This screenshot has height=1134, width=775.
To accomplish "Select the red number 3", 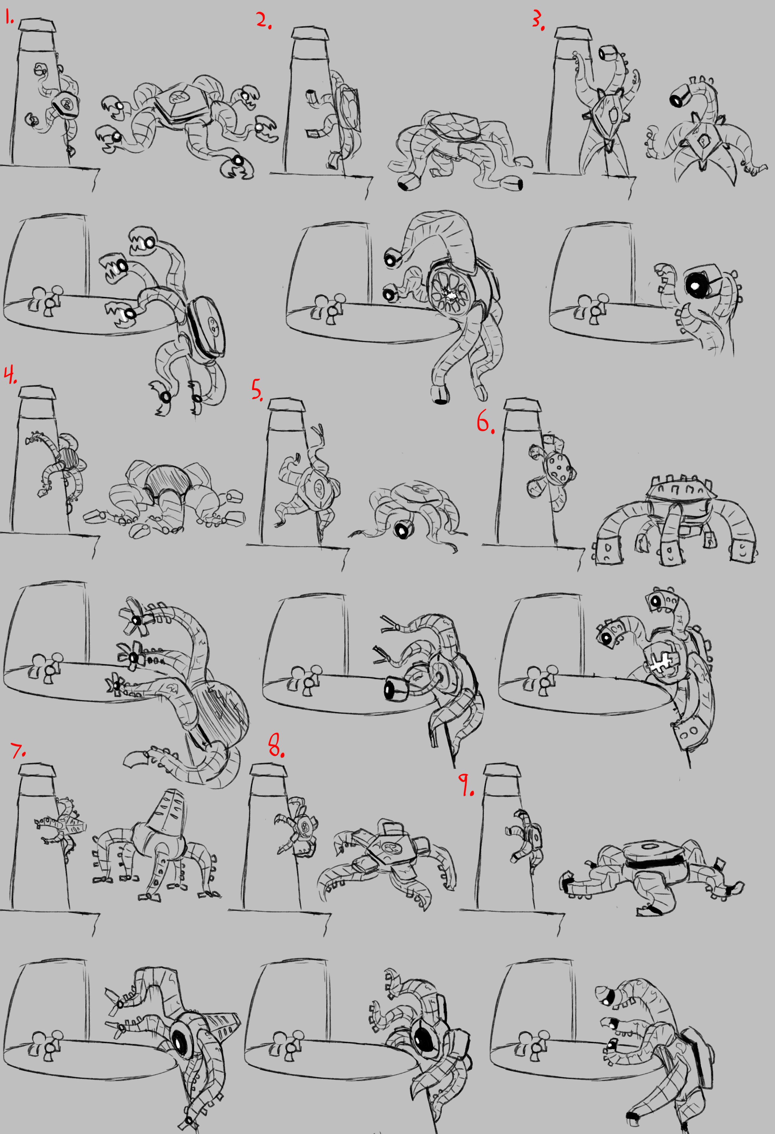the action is (x=538, y=20).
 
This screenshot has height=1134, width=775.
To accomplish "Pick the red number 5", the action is (x=257, y=390).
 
